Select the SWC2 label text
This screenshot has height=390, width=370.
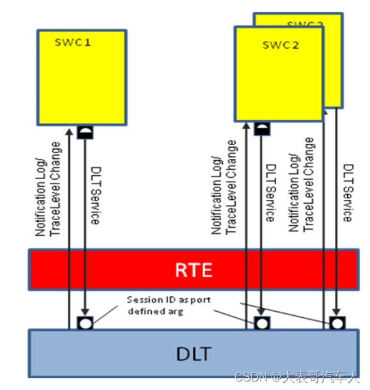click(x=280, y=45)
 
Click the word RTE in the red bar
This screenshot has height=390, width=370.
click(x=193, y=269)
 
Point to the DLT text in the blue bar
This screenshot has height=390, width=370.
click(x=193, y=355)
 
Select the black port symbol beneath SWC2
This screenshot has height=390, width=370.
click(x=261, y=128)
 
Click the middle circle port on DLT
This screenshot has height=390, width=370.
click(x=261, y=322)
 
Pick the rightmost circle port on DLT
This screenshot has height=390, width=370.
click(x=336, y=322)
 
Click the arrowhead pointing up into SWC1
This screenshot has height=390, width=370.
click(x=68, y=124)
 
